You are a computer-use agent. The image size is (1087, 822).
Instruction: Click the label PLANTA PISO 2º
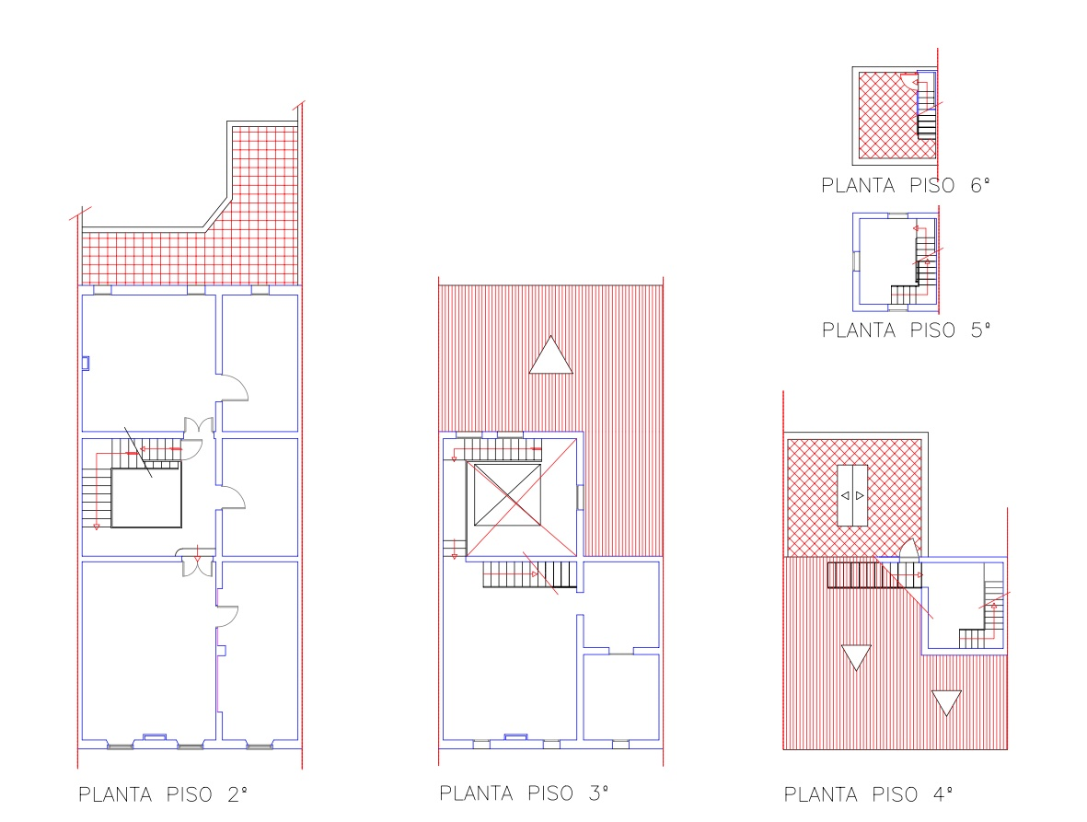(x=163, y=794)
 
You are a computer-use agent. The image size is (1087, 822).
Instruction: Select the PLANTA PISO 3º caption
(x=524, y=793)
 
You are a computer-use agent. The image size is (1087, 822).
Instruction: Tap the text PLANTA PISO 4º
(x=868, y=794)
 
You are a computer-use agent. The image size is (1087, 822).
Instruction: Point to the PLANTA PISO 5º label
(x=906, y=330)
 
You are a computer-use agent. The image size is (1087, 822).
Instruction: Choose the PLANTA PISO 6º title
(x=906, y=185)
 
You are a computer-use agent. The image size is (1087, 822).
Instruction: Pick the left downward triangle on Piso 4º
(x=855, y=656)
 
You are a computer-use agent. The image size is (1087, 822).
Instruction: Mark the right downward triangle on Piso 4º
(x=946, y=702)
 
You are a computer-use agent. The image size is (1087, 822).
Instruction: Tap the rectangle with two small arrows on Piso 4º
(x=852, y=495)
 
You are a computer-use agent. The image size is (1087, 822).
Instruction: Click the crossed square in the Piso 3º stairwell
(x=507, y=495)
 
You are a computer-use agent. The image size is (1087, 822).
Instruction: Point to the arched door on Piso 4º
(x=909, y=549)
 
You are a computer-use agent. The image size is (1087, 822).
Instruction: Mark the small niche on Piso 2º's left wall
(x=86, y=364)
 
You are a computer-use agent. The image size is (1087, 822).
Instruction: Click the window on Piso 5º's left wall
(x=856, y=261)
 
